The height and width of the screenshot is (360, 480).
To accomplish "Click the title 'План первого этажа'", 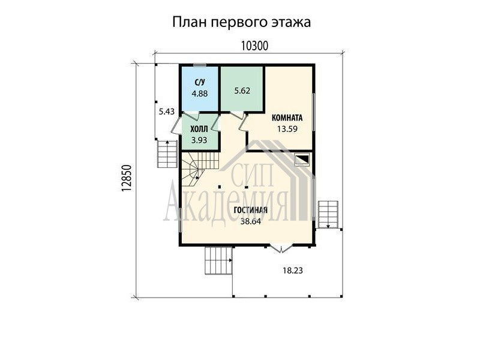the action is (242, 22).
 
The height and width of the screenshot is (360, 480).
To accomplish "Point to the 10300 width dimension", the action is (254, 46).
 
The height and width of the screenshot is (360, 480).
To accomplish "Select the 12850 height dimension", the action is (127, 178).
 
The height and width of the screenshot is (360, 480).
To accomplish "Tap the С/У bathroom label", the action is (200, 82).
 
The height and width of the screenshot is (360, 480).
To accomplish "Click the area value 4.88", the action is (200, 94).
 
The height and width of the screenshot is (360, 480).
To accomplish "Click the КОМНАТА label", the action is (287, 118).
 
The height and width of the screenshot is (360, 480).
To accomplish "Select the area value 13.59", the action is (287, 129).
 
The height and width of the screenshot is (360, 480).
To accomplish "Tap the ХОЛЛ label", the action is (199, 129).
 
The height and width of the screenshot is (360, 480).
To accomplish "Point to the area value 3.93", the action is (199, 140).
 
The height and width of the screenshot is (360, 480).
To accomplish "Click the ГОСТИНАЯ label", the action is (250, 210).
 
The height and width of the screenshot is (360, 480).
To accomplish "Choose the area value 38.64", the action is (250, 221).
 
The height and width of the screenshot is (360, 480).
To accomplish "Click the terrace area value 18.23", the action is (293, 271).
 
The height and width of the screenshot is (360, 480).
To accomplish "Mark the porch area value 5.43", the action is (167, 112).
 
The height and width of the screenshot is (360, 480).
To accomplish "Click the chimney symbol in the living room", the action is (302, 160).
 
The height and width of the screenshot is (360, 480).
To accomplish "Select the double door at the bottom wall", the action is (281, 248).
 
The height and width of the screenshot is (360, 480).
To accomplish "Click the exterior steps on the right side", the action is (328, 215).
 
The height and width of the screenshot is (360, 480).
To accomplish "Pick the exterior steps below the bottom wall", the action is (218, 260).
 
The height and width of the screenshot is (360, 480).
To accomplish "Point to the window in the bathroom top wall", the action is (200, 65).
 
